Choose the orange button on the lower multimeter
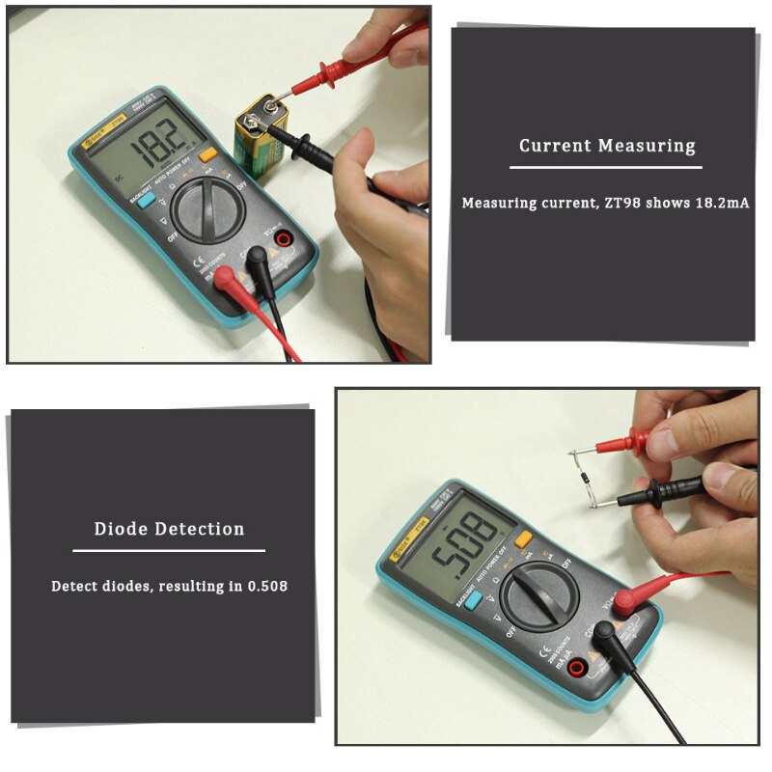524,540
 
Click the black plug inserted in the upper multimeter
257,258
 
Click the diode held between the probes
590,474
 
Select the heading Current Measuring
607,146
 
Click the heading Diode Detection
169,529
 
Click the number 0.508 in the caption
265,586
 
